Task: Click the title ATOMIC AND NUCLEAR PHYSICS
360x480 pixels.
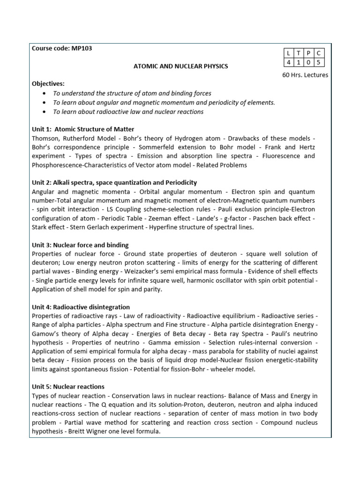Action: click(x=181, y=66)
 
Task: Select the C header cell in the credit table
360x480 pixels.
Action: click(x=318, y=53)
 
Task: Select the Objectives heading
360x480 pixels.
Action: click(x=48, y=84)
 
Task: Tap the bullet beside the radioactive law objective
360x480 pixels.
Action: click(x=44, y=112)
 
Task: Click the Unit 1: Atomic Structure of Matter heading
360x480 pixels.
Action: click(x=83, y=129)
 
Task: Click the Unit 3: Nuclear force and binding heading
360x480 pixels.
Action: click(x=80, y=245)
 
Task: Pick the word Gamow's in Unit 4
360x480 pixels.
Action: click(x=46, y=333)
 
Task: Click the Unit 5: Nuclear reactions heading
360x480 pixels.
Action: click(x=68, y=387)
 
